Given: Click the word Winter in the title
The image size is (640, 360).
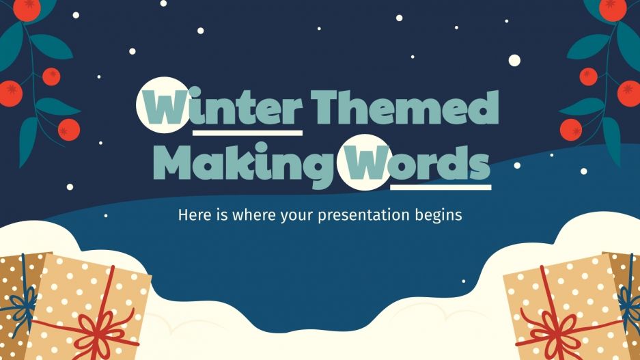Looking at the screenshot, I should pyautogui.click(x=220, y=108).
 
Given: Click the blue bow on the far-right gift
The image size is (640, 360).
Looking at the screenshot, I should pyautogui.click(x=628, y=301).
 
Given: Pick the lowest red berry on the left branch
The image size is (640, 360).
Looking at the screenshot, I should pyautogui.click(x=68, y=128).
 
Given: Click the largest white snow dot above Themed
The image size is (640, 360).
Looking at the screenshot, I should pyautogui.click(x=514, y=60).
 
